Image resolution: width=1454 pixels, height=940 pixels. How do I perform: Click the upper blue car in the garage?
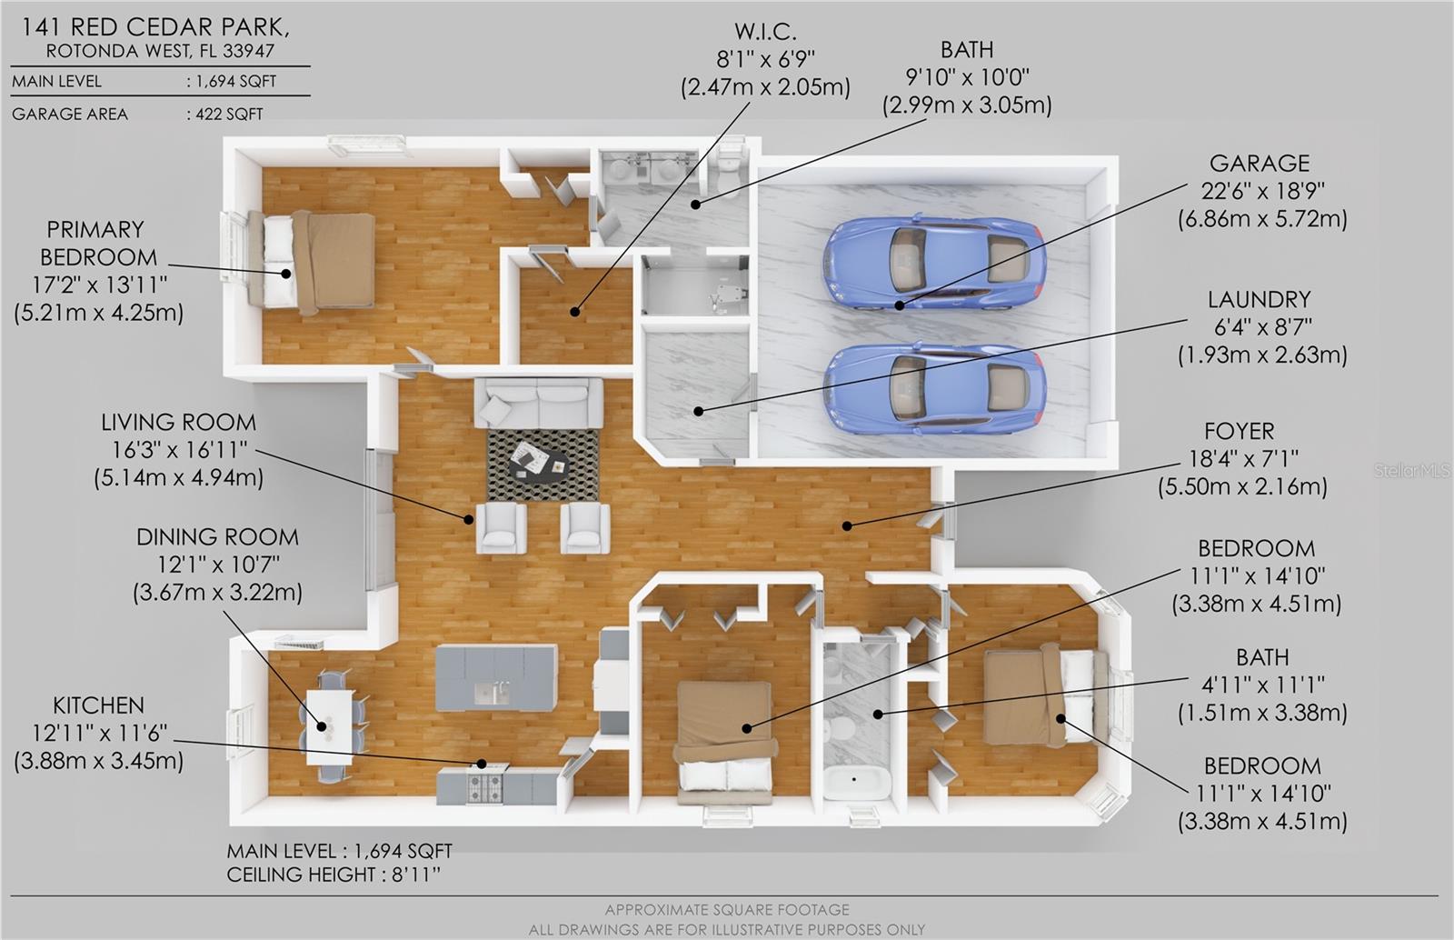pos(934,264)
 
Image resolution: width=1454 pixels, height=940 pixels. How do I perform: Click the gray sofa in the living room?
pos(538,403)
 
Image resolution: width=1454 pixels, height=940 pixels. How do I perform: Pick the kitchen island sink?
pos(493,694)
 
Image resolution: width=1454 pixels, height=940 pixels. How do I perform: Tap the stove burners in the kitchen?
pos(485,786)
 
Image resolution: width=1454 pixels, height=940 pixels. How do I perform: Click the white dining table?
pos(330,727)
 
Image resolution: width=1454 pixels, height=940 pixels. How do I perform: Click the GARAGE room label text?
pos(1260,163)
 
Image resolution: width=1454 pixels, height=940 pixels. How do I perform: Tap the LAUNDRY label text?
pos(1260,299)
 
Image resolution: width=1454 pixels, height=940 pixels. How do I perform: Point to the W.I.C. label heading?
pos(765,31)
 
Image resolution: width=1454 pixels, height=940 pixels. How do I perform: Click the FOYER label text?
pos(1240,431)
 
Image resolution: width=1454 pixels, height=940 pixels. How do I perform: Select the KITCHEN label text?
pos(99,705)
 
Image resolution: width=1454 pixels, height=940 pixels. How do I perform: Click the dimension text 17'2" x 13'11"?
pos(100,285)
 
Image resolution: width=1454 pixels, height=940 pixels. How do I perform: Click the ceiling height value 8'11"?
pos(416,875)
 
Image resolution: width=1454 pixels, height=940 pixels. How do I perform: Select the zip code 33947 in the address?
pos(249,51)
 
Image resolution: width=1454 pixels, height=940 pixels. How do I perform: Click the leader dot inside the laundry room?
pos(699,411)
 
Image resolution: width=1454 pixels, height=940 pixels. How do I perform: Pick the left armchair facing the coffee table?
pos(501,528)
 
